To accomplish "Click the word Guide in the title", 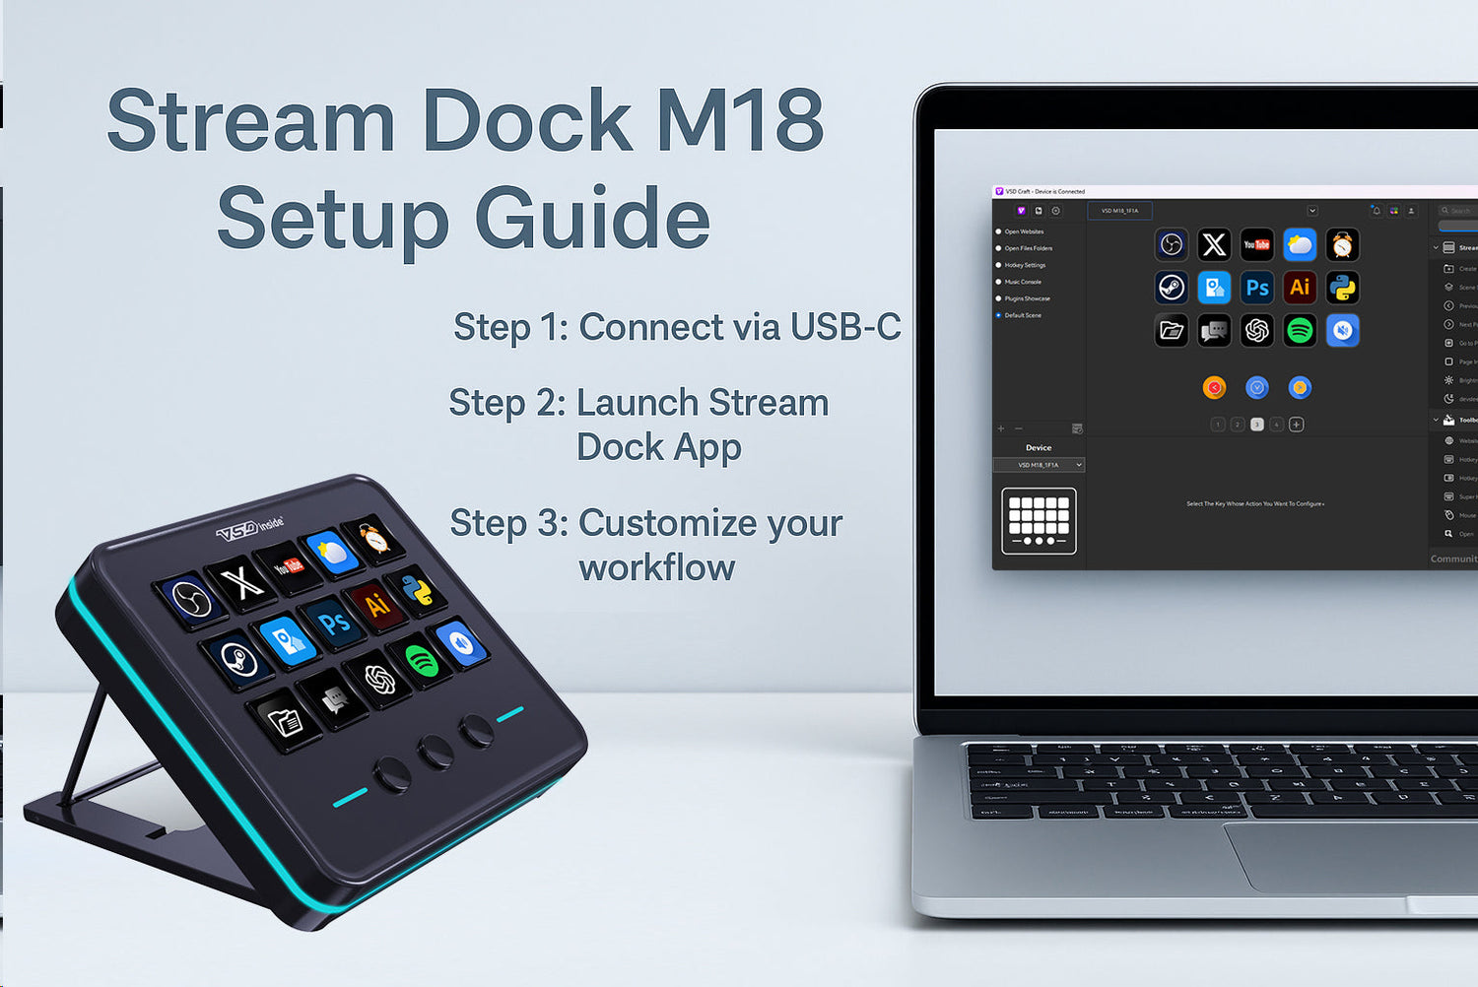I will click(x=592, y=219).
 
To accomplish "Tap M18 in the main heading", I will click(x=740, y=120).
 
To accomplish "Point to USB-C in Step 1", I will click(x=845, y=327).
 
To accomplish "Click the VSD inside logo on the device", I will click(x=249, y=529).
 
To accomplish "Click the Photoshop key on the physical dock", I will click(x=334, y=624).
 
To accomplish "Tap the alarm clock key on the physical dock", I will click(x=373, y=538).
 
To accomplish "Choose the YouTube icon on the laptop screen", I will click(x=1256, y=244).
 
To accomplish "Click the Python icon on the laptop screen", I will click(x=1342, y=288).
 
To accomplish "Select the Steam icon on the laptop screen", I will click(x=1172, y=288).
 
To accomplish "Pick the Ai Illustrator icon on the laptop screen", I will click(x=1300, y=288).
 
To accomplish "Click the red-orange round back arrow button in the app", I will click(x=1214, y=388).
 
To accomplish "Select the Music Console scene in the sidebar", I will click(x=1023, y=282).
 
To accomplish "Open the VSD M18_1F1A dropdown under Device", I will click(x=1039, y=465).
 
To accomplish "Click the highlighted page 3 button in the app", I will click(x=1256, y=425).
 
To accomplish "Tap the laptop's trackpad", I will click(x=1350, y=857).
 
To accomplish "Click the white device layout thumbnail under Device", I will click(x=1039, y=521).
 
